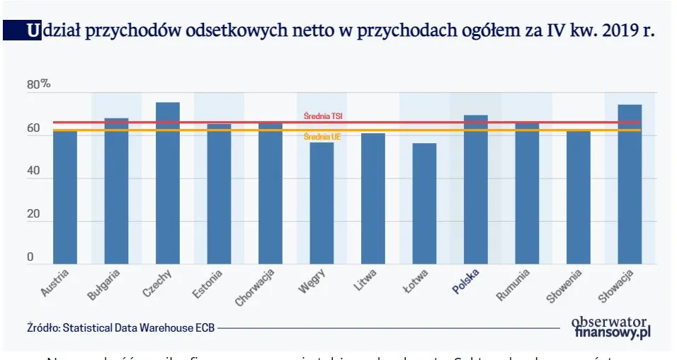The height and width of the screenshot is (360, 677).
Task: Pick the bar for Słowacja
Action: [630, 184]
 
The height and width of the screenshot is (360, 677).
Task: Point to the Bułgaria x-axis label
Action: [105, 283]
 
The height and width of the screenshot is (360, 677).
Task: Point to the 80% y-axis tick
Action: [38, 84]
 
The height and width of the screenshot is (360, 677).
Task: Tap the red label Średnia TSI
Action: [324, 116]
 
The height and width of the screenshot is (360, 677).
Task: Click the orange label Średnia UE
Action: [322, 137]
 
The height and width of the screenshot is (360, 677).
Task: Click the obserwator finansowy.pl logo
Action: [611, 326]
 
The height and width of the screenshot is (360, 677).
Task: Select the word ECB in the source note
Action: [205, 328]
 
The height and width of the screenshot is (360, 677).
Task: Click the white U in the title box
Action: [33, 30]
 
